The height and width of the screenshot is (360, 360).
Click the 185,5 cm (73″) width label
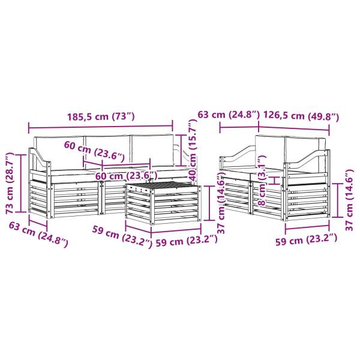click(x=100, y=116)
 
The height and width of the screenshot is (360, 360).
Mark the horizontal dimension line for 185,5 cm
click(x=100, y=126)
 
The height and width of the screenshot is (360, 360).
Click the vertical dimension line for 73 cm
click(x=22, y=182)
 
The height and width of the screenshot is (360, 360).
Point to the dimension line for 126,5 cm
click(x=294, y=126)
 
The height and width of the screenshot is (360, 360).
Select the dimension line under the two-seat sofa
click(x=307, y=227)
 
